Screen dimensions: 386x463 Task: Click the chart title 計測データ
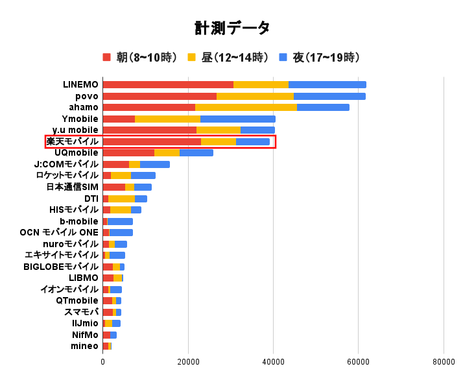pos(231,28)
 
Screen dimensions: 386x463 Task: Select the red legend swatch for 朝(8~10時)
pos(107,58)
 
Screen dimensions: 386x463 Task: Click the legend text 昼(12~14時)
pos(235,58)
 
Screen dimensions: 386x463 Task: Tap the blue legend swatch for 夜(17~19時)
pos(283,58)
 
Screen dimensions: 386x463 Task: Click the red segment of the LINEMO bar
pos(168,84)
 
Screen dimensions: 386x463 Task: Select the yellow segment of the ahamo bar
pos(246,107)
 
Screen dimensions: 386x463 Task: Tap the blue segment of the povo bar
pos(329,96)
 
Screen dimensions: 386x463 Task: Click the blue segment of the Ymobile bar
pos(237,119)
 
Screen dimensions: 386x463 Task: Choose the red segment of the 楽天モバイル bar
pos(152,141)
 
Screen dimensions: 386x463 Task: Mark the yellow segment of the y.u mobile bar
pos(219,130)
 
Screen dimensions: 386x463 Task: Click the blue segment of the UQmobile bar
pos(196,152)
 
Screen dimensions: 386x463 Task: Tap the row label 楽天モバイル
pos(72,141)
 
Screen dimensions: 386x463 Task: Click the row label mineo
pos(84,346)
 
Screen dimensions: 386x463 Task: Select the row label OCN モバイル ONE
pos(59,232)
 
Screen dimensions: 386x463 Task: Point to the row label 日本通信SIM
pos(72,187)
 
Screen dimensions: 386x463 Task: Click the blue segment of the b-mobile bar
pos(120,221)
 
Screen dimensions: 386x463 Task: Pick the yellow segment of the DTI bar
pos(121,199)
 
